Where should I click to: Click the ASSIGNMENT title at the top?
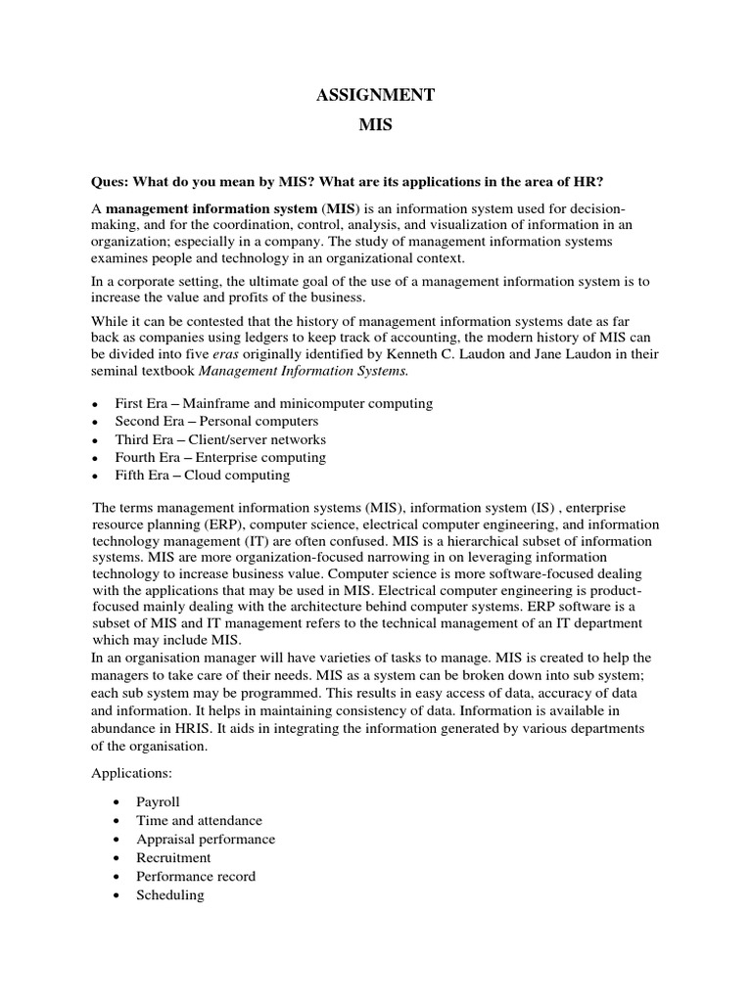(x=375, y=95)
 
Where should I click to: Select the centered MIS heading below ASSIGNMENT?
(x=375, y=126)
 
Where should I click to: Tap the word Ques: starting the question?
(x=111, y=183)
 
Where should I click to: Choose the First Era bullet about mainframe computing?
(x=273, y=403)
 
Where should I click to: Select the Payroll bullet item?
(x=158, y=801)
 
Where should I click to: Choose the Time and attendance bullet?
(x=199, y=820)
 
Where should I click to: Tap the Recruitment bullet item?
(x=173, y=857)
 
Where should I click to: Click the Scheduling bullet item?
(x=169, y=894)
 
